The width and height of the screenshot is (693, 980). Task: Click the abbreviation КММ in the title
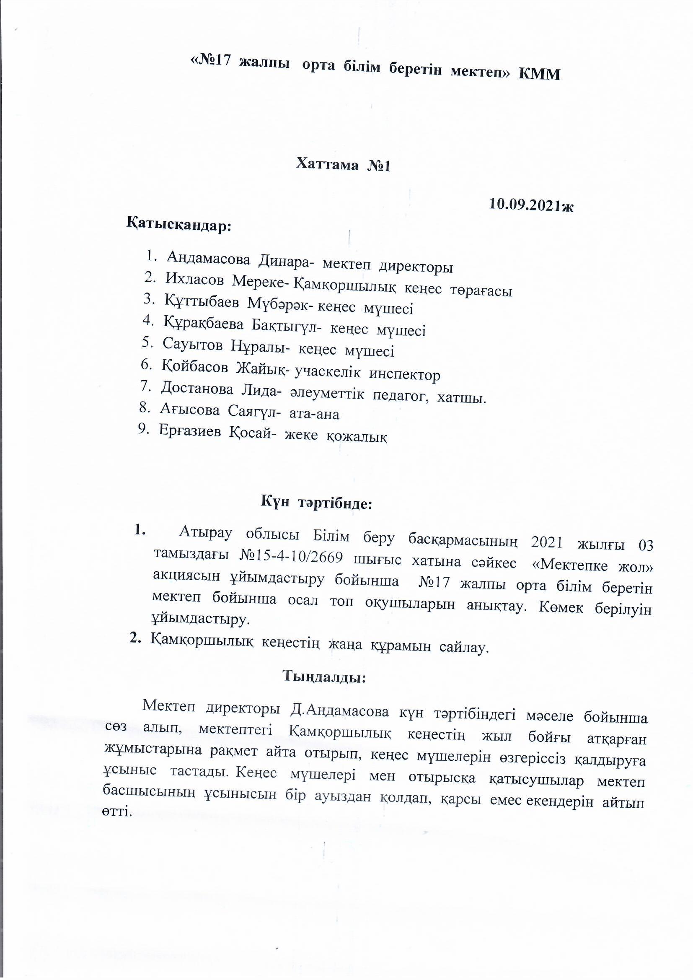tap(539, 74)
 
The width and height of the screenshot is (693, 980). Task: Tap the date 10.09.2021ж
tap(531, 205)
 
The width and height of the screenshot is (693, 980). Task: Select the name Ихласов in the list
tap(194, 280)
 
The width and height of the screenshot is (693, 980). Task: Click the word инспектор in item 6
tap(405, 375)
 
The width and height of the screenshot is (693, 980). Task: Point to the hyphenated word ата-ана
tap(315, 414)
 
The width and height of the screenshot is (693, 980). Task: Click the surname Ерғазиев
tap(190, 431)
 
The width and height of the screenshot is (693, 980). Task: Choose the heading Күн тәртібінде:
tap(317, 504)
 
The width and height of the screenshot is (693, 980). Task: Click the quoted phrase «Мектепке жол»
tap(593, 566)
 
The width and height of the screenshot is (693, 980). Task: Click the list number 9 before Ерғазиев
tap(142, 429)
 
